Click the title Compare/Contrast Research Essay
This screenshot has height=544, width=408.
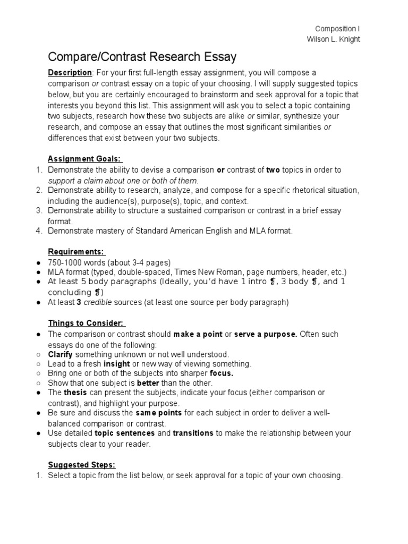pyautogui.click(x=142, y=57)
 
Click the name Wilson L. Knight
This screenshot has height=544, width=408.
pyautogui.click(x=334, y=40)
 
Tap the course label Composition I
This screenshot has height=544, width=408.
pyautogui.click(x=337, y=29)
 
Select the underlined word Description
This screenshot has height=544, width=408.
pyautogui.click(x=70, y=73)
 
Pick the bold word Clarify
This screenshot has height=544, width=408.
pyautogui.click(x=60, y=354)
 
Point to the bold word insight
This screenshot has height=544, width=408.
pyautogui.click(x=116, y=364)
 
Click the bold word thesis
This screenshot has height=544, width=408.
pyautogui.click(x=74, y=393)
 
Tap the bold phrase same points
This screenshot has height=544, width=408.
pyautogui.click(x=159, y=413)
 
